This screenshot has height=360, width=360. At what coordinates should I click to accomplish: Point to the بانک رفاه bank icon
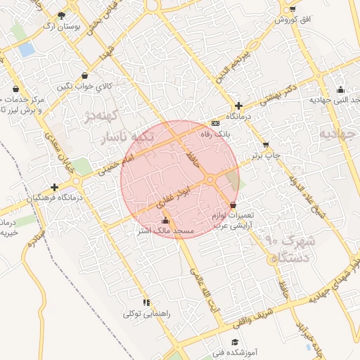214,122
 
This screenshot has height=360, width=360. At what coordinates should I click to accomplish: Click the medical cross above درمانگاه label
238,105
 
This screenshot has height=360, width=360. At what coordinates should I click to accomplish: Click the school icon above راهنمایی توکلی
146,302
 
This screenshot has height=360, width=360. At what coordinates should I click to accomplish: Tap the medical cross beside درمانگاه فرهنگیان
54,187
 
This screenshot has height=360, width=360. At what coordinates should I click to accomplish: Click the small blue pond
27,50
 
